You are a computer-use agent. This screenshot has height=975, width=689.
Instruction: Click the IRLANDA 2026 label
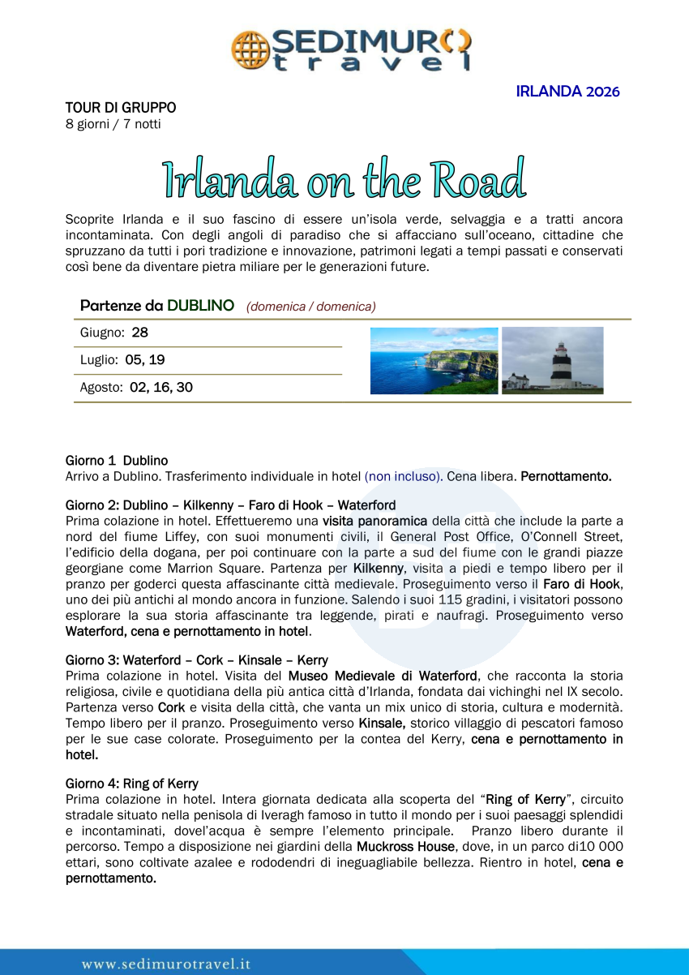click(x=567, y=92)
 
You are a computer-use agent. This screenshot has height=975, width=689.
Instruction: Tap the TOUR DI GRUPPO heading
click(x=121, y=108)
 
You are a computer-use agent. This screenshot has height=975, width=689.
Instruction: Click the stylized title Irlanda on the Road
click(x=344, y=179)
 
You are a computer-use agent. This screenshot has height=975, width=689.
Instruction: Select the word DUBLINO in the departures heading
click(x=200, y=306)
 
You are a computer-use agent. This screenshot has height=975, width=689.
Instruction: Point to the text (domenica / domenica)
click(x=311, y=307)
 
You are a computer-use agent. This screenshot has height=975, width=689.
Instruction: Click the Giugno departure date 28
click(x=139, y=333)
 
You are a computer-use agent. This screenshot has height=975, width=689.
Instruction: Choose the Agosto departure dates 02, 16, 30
click(x=161, y=388)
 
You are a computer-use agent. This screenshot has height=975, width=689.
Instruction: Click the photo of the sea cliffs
click(x=434, y=361)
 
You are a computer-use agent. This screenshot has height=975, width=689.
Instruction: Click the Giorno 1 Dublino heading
click(x=117, y=461)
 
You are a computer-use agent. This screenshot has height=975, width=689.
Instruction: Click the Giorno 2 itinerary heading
click(x=230, y=505)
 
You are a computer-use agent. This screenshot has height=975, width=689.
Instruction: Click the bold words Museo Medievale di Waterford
click(x=383, y=676)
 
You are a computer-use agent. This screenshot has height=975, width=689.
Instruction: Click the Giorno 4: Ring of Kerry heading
click(x=132, y=784)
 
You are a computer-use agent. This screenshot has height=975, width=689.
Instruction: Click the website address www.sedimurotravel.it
click(x=166, y=964)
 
